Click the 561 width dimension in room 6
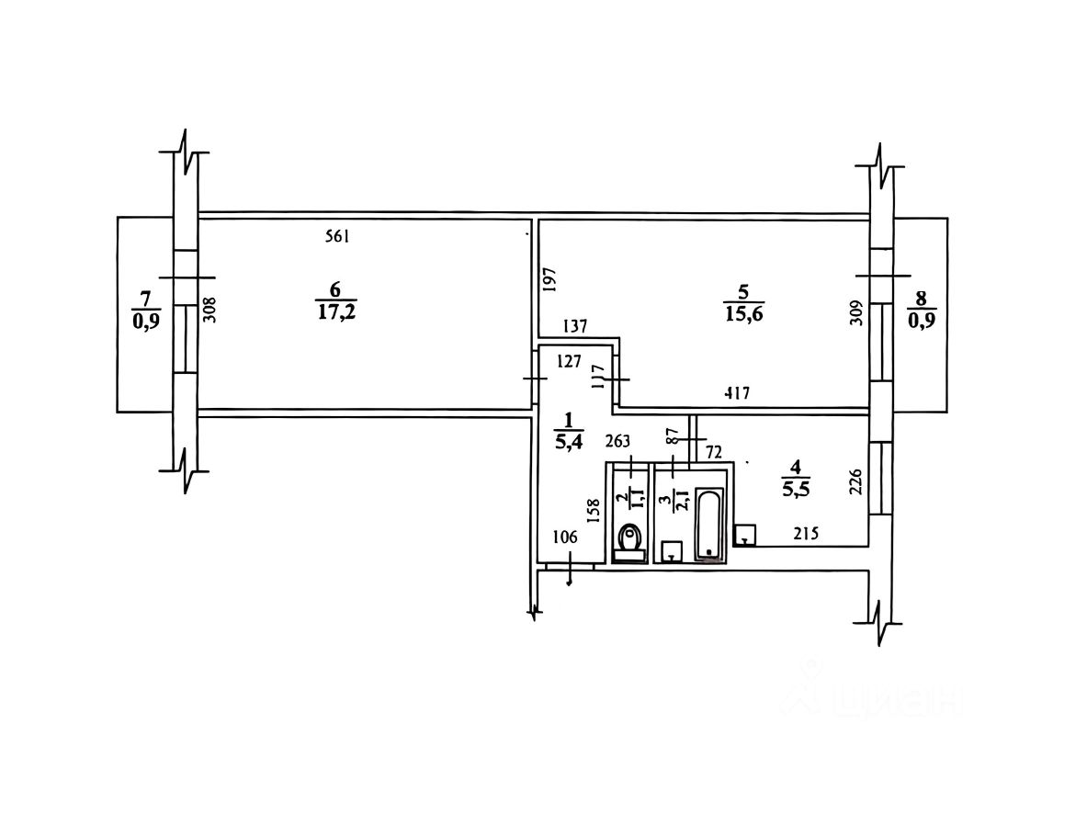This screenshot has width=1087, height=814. (x=338, y=236)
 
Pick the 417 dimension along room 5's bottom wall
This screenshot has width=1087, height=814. (x=737, y=394)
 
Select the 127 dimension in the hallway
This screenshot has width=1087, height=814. (x=570, y=361)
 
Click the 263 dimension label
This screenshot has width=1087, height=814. (x=619, y=441)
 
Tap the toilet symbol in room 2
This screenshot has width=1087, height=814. (x=629, y=539)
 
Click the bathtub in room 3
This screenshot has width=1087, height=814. (x=709, y=524)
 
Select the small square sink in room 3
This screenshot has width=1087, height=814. (x=673, y=550)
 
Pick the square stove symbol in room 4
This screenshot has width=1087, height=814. (x=745, y=536)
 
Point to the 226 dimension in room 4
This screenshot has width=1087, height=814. (x=856, y=483)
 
